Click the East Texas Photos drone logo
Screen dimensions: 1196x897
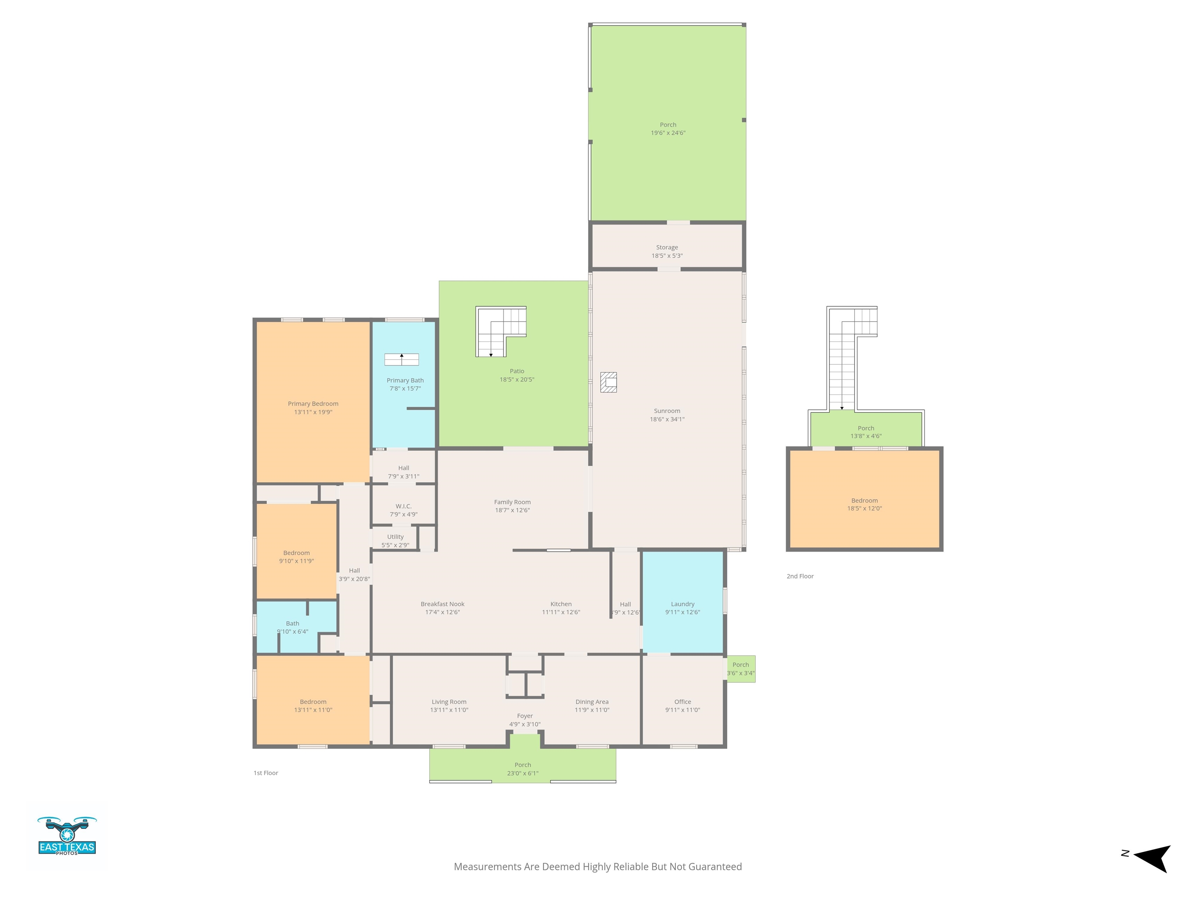[x=67, y=835]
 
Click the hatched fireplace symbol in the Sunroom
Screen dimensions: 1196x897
[x=608, y=382]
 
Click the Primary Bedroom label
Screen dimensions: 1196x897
[x=313, y=403]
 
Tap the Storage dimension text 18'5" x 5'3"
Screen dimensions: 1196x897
[x=667, y=256]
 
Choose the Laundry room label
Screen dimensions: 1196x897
[x=683, y=604]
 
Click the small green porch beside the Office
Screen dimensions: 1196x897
[x=741, y=669]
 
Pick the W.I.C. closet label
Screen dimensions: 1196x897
[x=404, y=506]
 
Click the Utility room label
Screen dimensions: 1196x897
[x=395, y=537]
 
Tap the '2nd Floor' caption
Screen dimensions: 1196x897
[x=800, y=576]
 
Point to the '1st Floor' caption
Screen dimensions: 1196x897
[x=266, y=773]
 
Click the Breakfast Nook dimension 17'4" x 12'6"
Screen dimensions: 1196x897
[x=443, y=612]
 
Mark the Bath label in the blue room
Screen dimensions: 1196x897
[x=292, y=623]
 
